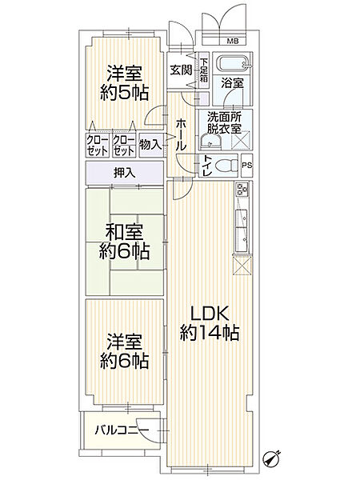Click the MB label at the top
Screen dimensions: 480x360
pos(231,41)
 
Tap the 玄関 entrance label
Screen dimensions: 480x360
pos(179,70)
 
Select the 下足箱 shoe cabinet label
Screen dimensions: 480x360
pos(204,70)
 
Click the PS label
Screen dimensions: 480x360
pos(246,166)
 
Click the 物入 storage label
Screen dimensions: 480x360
pos(150,145)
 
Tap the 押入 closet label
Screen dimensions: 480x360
pos(124,173)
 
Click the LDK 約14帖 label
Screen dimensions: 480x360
pos(211,322)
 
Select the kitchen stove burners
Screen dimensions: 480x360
pos(241,192)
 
